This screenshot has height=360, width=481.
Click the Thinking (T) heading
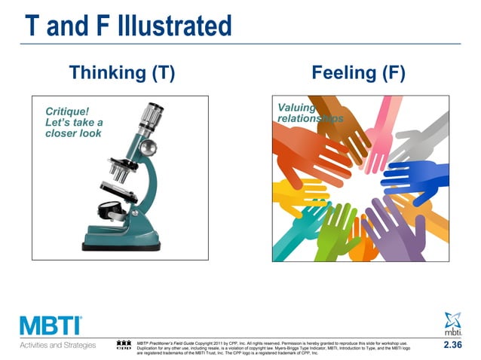(x=122, y=73)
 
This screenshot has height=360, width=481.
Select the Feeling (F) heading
(x=358, y=73)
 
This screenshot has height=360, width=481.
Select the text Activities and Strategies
(x=57, y=345)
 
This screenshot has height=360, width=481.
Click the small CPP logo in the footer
(x=124, y=346)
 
